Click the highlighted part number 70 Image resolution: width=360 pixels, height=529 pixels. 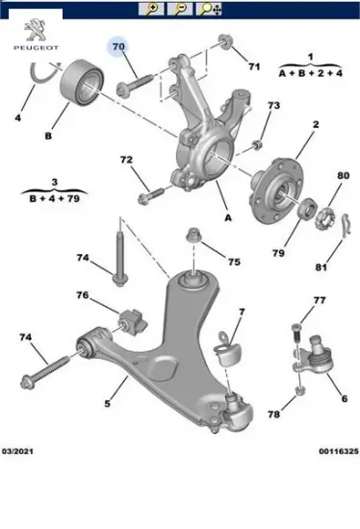coord(119,46)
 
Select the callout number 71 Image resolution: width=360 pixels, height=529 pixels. coord(254,66)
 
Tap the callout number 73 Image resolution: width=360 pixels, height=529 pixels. coord(273,106)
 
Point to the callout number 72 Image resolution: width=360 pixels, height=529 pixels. coord(126,160)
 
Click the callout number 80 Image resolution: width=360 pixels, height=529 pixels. coord(344,176)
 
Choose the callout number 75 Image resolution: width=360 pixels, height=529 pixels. coord(234,261)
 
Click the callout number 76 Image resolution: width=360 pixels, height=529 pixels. coord(83,295)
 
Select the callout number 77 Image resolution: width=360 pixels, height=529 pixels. coord(321,301)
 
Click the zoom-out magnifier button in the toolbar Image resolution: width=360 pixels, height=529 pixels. coord(179,9)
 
